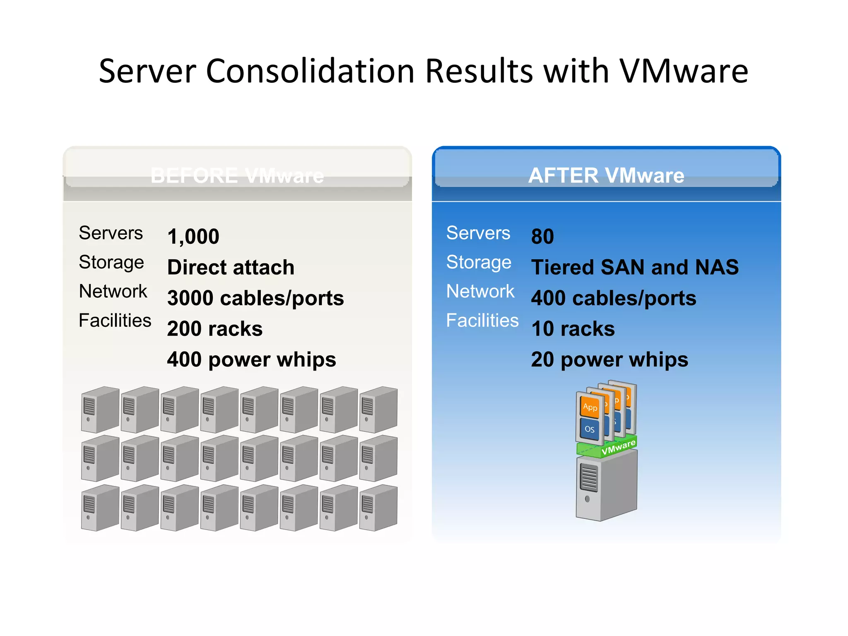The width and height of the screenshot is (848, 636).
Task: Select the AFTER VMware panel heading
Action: pos(606,176)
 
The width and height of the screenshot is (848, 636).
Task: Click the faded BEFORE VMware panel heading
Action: pos(237,176)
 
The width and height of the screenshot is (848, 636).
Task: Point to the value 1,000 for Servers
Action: pos(193,237)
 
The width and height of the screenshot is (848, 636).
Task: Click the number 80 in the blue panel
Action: pos(542,237)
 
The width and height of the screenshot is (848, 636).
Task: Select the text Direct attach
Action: pos(231,267)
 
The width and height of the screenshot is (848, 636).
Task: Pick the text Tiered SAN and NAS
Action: pos(635,267)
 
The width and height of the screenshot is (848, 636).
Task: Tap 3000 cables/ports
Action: pos(255,298)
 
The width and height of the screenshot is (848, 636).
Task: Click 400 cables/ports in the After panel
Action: pos(614,298)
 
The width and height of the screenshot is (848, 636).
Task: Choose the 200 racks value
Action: pos(214,329)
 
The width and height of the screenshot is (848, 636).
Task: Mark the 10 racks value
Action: pos(573,329)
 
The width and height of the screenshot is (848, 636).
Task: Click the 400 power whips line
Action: pos(251,359)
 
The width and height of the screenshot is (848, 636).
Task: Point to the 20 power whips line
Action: pos(609,359)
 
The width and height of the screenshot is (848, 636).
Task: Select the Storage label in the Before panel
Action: pos(111,263)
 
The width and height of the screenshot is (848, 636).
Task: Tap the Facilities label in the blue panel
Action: pos(482,320)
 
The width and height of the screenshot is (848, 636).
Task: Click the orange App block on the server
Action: pos(590,407)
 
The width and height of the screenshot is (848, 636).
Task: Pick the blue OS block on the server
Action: pos(589,429)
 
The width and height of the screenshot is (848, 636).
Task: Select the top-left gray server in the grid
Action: pos(100,410)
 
